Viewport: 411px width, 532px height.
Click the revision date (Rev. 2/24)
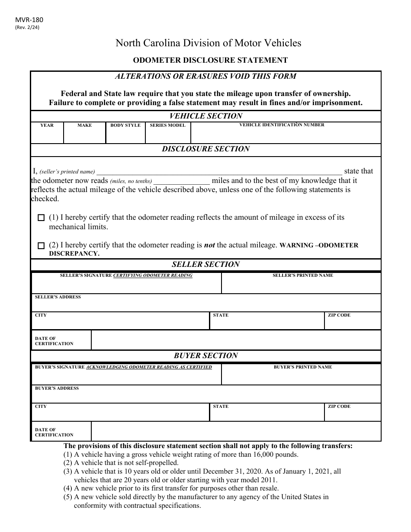click(x=33, y=27)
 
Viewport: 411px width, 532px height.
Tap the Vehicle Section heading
click(x=205, y=116)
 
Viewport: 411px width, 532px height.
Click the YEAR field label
click(x=47, y=125)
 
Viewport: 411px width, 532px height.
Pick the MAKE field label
click(x=84, y=125)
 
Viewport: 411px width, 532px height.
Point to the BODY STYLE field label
click(x=125, y=125)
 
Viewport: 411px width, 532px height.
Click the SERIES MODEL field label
click(x=167, y=125)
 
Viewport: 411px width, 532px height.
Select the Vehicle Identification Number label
click(x=282, y=125)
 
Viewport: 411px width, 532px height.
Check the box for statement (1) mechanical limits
click(x=41, y=218)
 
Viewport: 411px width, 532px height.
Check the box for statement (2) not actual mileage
click(x=41, y=246)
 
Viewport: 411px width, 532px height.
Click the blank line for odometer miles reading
click(x=182, y=181)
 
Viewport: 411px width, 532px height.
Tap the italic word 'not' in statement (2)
click(x=209, y=245)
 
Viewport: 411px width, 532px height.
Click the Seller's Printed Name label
click(x=302, y=276)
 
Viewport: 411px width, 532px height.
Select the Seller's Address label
click(x=58, y=297)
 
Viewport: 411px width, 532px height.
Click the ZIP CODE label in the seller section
click(x=339, y=315)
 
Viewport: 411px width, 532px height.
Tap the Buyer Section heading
click(x=205, y=356)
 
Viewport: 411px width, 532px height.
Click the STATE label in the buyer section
click(x=221, y=407)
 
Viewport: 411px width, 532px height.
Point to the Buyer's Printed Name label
click(x=302, y=367)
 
